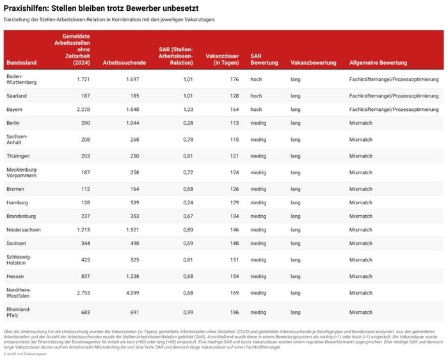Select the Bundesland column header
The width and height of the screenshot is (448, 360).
[x=21, y=63]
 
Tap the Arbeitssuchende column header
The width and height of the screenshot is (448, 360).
[x=120, y=63]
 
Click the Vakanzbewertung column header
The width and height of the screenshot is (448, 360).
[x=313, y=63]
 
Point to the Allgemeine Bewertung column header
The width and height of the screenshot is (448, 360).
[x=378, y=63]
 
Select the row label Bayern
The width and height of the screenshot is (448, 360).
[x=15, y=109]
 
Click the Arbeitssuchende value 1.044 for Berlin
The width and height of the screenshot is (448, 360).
[x=131, y=122]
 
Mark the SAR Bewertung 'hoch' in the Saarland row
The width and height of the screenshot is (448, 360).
[x=256, y=95]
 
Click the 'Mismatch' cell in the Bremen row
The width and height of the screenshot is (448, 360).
[x=360, y=189]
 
